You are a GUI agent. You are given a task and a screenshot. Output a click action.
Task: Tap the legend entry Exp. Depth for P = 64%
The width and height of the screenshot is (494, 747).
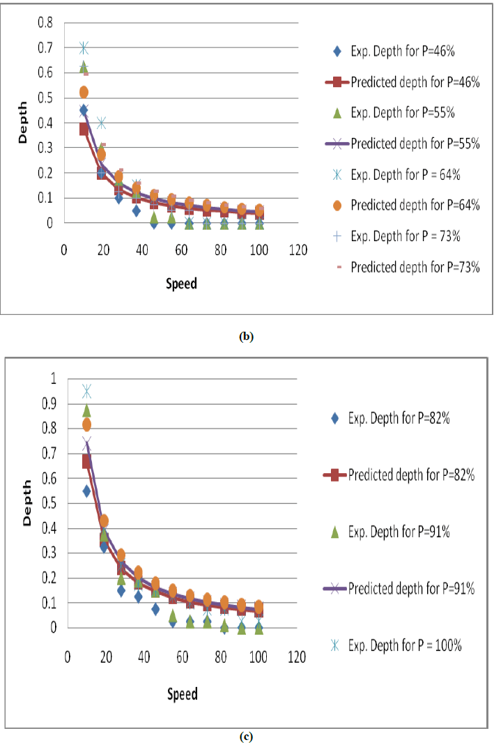tap(406, 175)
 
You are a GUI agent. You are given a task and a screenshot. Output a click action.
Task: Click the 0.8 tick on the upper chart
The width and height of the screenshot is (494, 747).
tap(44, 22)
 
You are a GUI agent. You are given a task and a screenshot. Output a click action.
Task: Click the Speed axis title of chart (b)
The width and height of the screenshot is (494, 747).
tap(181, 284)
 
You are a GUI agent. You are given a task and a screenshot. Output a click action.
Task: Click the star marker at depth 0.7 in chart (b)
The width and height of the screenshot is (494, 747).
tap(84, 48)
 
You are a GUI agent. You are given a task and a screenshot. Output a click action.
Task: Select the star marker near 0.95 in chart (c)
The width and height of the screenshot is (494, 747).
tap(87, 391)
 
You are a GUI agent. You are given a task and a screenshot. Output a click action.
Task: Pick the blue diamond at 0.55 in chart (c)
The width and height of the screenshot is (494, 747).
tap(87, 491)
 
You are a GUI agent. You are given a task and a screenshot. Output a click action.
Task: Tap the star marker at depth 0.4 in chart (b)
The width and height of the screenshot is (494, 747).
tap(101, 123)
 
